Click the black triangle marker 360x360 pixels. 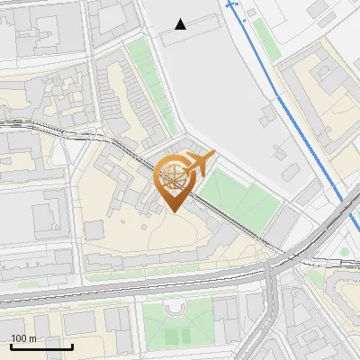[x=181, y=24]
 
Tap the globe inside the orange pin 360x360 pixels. [x=174, y=175]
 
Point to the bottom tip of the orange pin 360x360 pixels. [x=174, y=211]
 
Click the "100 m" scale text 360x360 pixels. [x=24, y=339]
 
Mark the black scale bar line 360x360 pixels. [x=41, y=347]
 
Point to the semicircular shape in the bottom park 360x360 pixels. [x=175, y=311]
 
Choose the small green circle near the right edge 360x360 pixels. [x=346, y=252]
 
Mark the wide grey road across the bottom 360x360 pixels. [x=135, y=289]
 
